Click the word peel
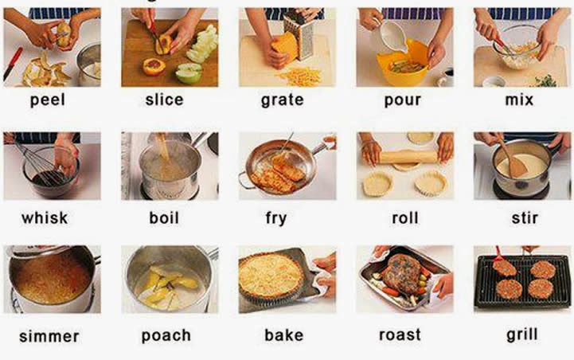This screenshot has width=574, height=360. (x=47, y=100)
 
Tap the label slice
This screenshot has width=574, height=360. (x=164, y=100)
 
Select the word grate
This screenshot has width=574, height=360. (x=282, y=100)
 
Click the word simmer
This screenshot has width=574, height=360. (x=49, y=336)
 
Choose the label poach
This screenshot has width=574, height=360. (x=166, y=335)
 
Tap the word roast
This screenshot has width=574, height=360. (x=400, y=335)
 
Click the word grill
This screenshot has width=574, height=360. (x=521, y=334)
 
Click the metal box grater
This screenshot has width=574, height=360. (x=299, y=36)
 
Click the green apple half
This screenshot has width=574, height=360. (x=188, y=74)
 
